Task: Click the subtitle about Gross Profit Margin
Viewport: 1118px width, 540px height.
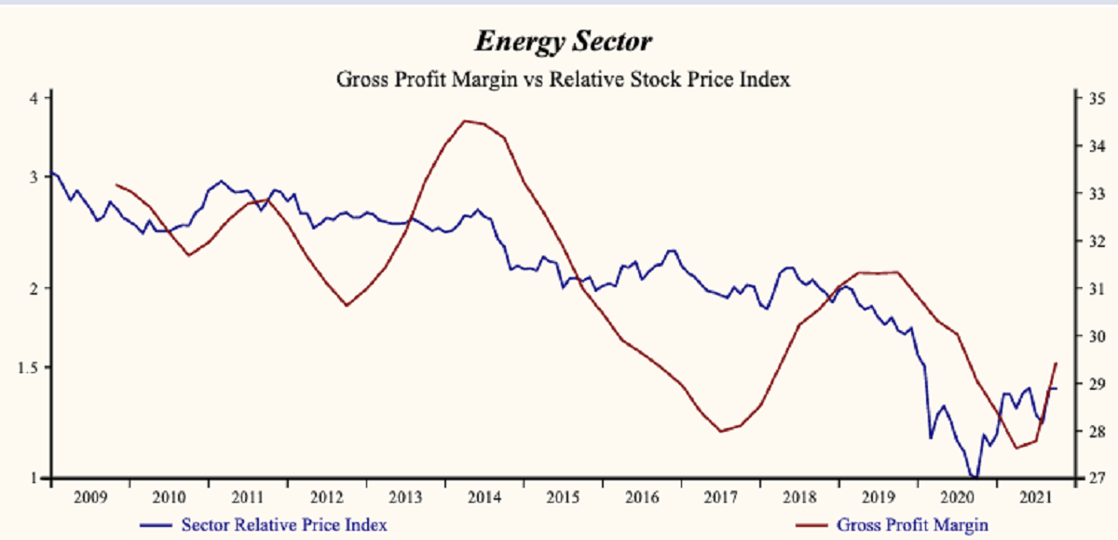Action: [563, 79]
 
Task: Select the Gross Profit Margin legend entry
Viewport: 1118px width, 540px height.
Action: [912, 525]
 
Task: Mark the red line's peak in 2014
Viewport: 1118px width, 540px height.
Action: [465, 120]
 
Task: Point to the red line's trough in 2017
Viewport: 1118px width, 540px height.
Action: [721, 431]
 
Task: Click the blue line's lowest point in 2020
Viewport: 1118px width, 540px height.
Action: [975, 477]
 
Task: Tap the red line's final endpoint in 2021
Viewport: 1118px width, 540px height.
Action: [1056, 363]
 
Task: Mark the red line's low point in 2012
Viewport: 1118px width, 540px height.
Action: [347, 305]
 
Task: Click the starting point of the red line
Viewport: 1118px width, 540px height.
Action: [115, 185]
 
